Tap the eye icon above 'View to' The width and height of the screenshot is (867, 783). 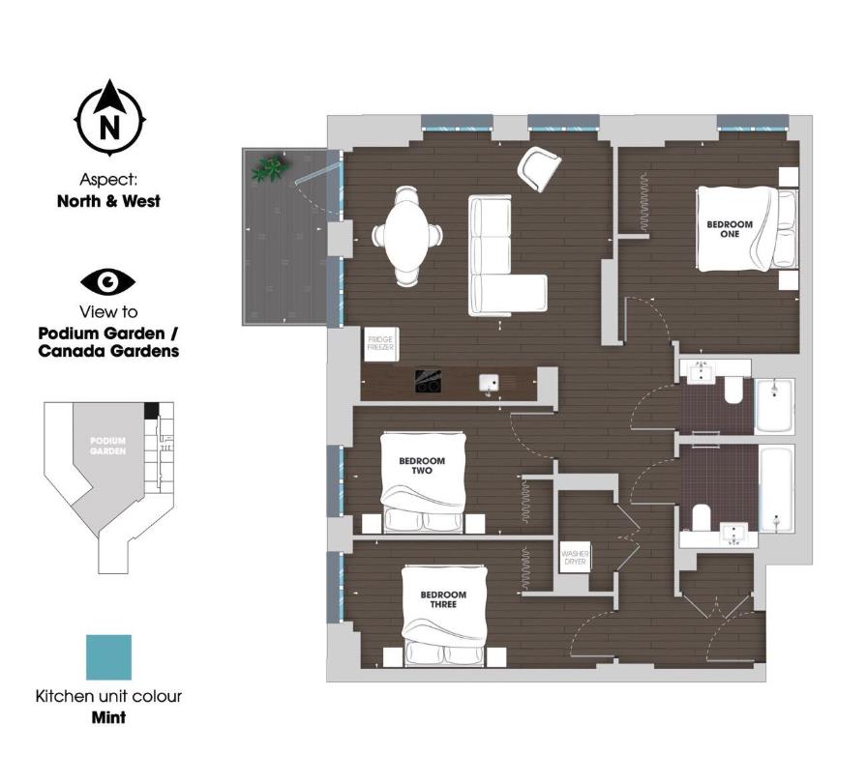[108, 281]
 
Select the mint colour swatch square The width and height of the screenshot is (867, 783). [108, 658]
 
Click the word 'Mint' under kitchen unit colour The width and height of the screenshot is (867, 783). [108, 718]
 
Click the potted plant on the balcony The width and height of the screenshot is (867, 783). [269, 170]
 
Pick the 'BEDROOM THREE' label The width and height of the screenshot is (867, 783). [442, 599]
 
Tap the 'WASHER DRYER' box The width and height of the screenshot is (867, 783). [575, 558]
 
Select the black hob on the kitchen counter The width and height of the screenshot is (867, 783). [430, 383]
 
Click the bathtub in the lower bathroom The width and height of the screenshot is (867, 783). [777, 488]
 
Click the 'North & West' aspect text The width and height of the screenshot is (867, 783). [108, 202]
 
